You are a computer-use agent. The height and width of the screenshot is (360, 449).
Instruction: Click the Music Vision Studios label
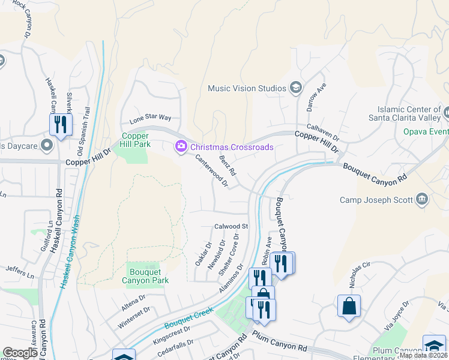pos(247,88)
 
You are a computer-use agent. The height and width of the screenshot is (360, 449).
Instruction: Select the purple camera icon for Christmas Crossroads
pos(180,146)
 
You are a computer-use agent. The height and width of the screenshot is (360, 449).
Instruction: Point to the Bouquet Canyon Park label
pos(145,276)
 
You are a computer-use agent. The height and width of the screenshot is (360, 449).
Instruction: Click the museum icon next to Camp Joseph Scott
pos(422,199)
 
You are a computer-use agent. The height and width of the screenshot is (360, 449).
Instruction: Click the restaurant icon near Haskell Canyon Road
pos(61,125)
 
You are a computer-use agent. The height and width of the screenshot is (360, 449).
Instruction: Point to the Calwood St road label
pos(232,226)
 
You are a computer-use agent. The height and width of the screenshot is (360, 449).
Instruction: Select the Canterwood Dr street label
pos(212,171)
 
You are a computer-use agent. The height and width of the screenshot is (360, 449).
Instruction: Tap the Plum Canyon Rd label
pos(281,343)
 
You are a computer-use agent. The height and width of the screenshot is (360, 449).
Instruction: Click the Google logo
pos(20,353)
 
